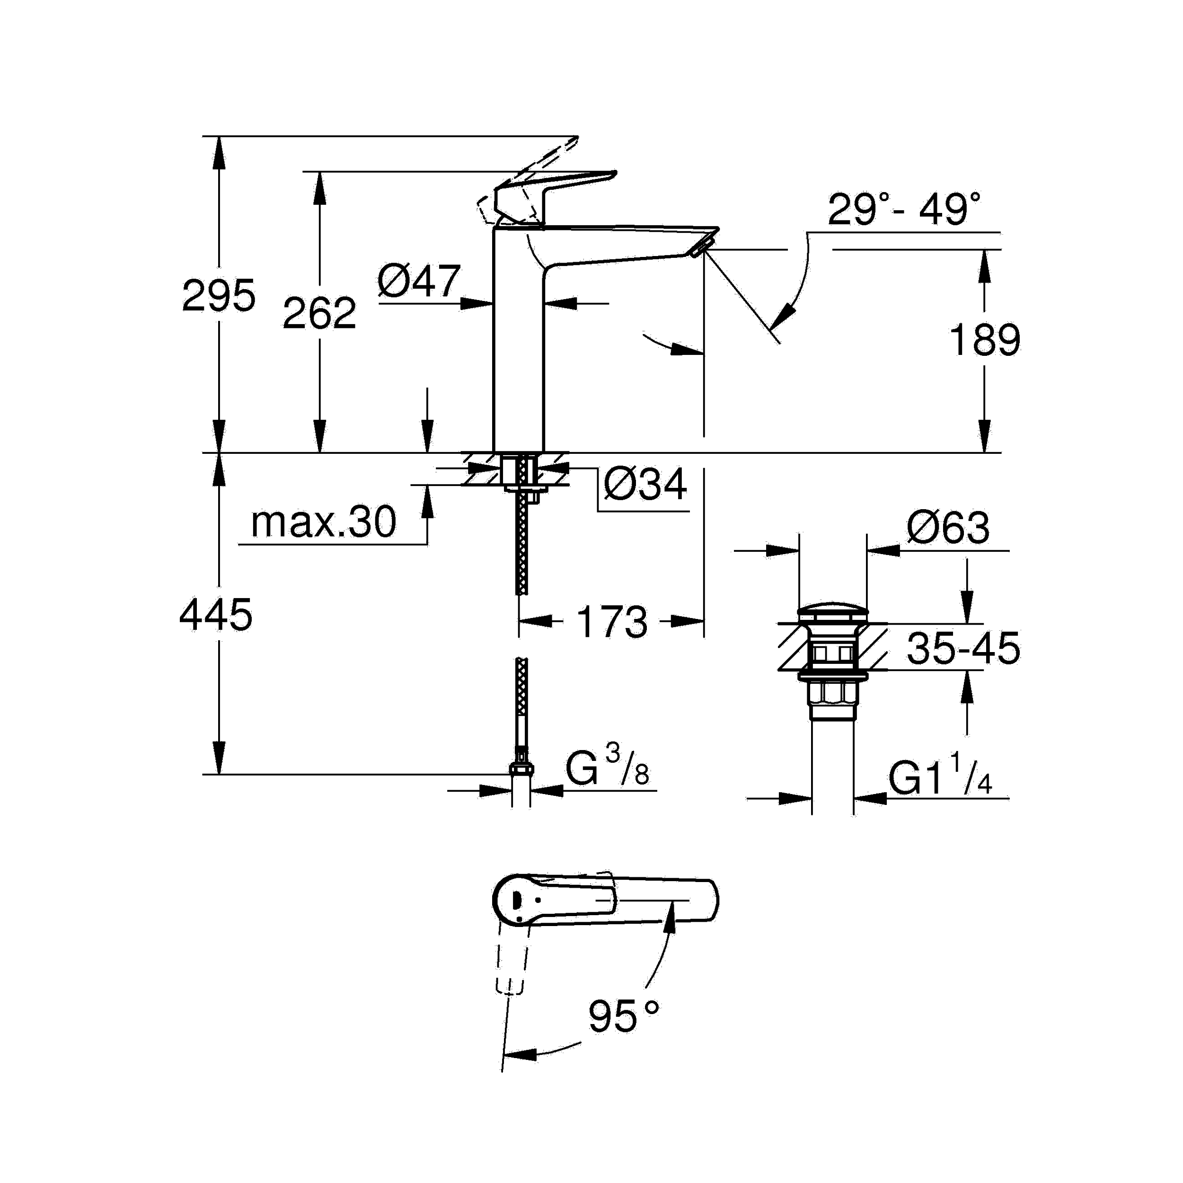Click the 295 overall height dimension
point(219,296)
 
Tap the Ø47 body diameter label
point(418,282)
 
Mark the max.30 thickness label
point(323,522)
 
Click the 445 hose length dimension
point(215,615)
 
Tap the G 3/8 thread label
point(606,770)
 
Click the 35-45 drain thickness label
point(963,648)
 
